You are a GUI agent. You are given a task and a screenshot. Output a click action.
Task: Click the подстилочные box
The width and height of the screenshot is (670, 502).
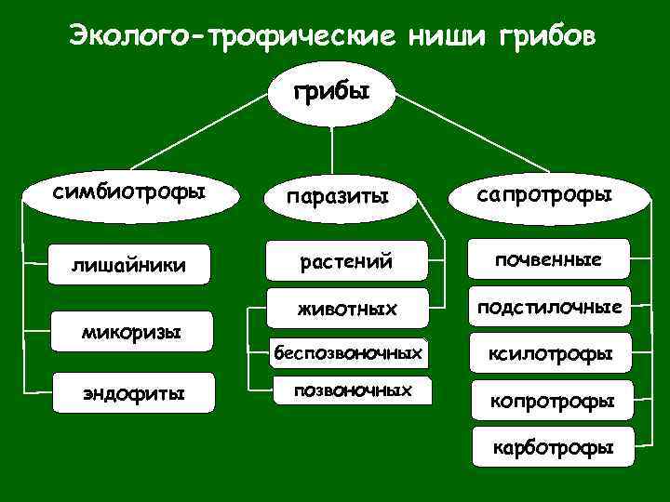549,307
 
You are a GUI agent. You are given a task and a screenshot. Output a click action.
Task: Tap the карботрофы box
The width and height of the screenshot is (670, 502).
553,447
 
